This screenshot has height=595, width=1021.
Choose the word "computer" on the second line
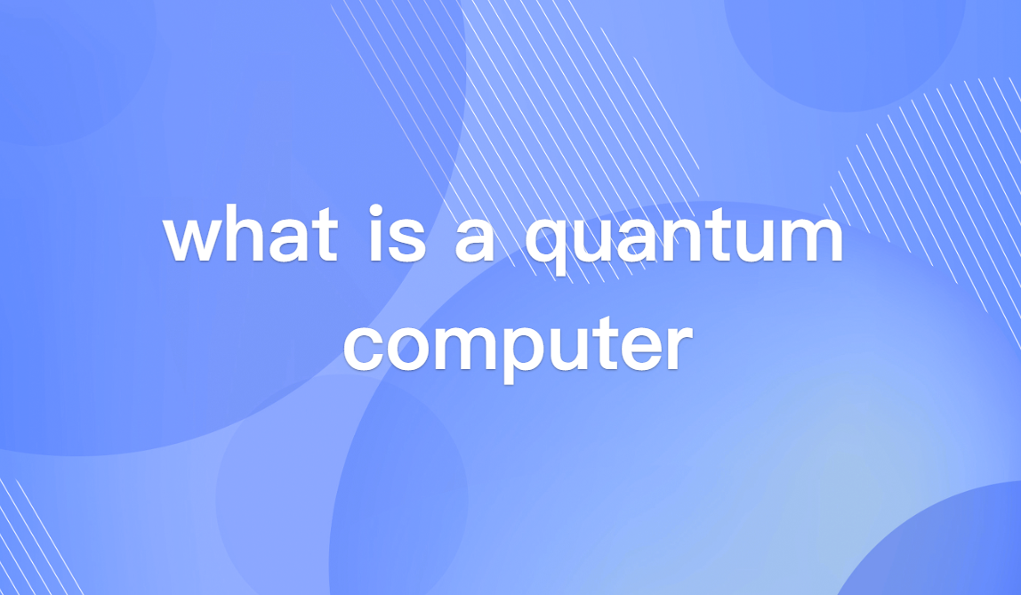pos(517,346)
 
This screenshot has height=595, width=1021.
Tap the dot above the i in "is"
pos(376,214)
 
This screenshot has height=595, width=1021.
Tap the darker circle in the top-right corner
pos(845,44)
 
